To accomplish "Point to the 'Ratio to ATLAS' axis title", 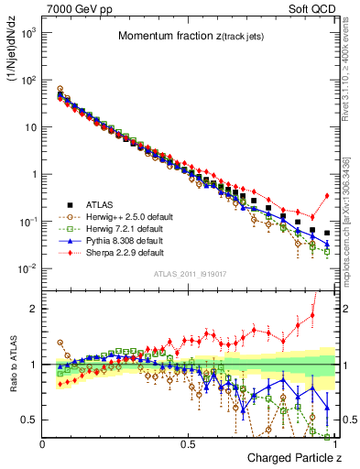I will [12, 365].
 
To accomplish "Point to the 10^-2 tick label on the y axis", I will [28, 268].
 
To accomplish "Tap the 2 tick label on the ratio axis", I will [34, 309].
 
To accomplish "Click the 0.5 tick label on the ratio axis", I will [29, 420].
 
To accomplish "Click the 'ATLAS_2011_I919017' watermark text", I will [190, 273].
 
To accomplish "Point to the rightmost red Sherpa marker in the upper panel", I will [327, 195].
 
